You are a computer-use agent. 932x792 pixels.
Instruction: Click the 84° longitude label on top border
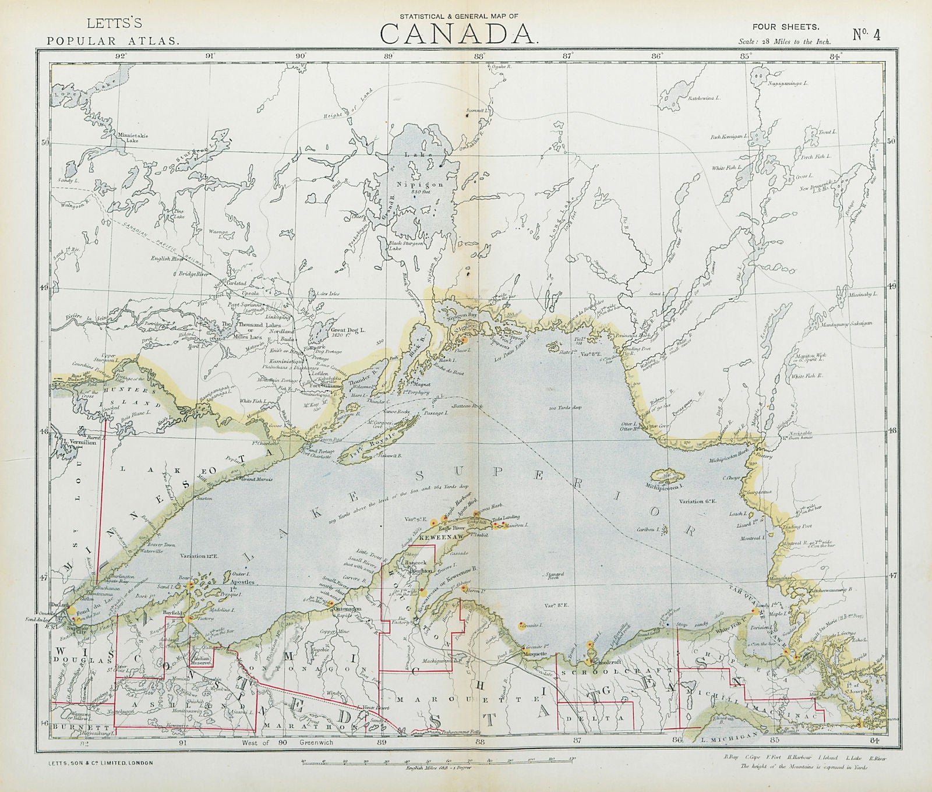(x=836, y=56)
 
